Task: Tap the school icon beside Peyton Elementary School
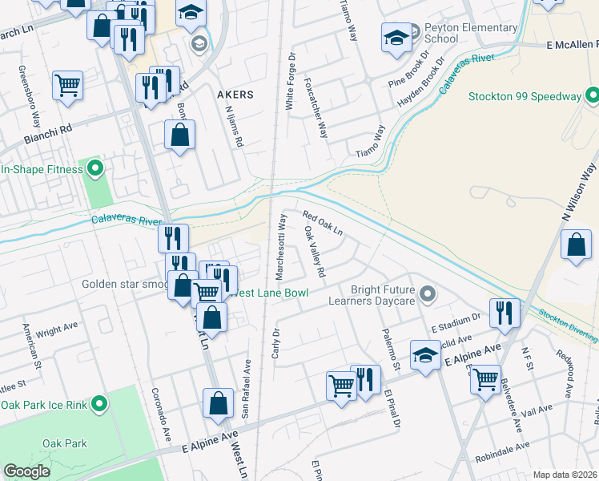point(396,38)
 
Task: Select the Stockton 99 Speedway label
point(525,97)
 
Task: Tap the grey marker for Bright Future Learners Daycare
point(427,294)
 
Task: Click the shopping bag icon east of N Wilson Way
point(576,245)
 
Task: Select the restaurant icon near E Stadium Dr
point(504,313)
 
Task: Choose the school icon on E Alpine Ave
point(425,354)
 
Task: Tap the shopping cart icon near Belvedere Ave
point(485,379)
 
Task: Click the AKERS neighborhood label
point(235,95)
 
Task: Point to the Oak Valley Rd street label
point(315,252)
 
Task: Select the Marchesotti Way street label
point(281,246)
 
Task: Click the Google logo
point(26,471)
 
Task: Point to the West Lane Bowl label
point(271,293)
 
